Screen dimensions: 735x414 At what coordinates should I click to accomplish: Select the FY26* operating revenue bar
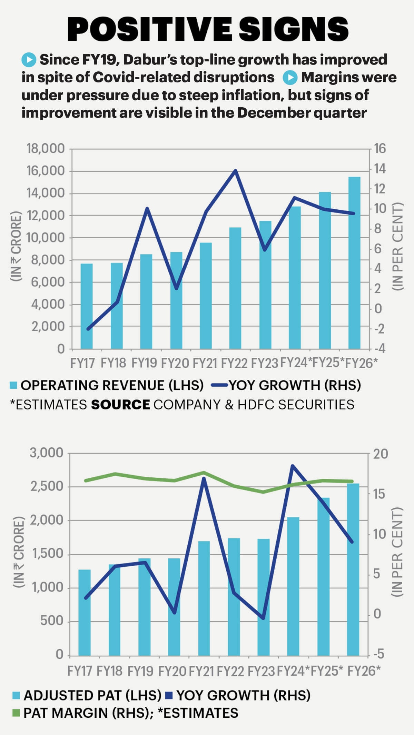click(354, 262)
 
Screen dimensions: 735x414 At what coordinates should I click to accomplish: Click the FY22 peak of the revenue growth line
click(235, 170)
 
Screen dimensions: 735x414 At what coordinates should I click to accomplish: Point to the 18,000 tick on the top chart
click(46, 149)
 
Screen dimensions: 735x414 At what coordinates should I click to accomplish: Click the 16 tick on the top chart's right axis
click(379, 149)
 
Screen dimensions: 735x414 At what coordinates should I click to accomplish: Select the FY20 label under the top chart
click(175, 363)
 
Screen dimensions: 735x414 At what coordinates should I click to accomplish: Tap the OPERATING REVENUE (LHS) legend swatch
click(13, 385)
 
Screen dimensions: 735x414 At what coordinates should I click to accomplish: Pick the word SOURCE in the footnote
click(120, 405)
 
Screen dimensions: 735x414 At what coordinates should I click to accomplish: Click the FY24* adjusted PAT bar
click(293, 586)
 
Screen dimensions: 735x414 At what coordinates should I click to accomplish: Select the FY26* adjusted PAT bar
click(353, 569)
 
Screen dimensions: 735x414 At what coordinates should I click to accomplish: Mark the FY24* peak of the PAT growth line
click(293, 466)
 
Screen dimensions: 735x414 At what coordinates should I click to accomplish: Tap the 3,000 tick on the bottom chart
click(47, 453)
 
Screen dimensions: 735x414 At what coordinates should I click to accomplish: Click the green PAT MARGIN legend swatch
click(16, 713)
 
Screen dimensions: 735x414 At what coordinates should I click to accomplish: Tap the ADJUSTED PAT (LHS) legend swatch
click(16, 695)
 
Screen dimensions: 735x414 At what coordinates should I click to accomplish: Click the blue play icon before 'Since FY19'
click(29, 60)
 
